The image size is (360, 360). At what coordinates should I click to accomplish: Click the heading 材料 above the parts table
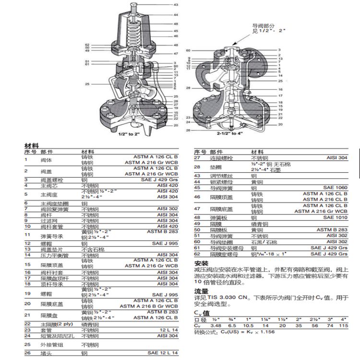point(32,145)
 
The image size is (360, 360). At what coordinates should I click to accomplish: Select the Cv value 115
point(343,326)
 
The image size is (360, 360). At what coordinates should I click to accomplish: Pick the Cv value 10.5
point(248,326)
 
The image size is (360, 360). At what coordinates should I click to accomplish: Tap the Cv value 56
point(313,326)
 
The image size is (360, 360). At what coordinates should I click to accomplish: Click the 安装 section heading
point(201,264)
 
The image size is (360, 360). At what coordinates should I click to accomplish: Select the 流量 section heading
point(201,291)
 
